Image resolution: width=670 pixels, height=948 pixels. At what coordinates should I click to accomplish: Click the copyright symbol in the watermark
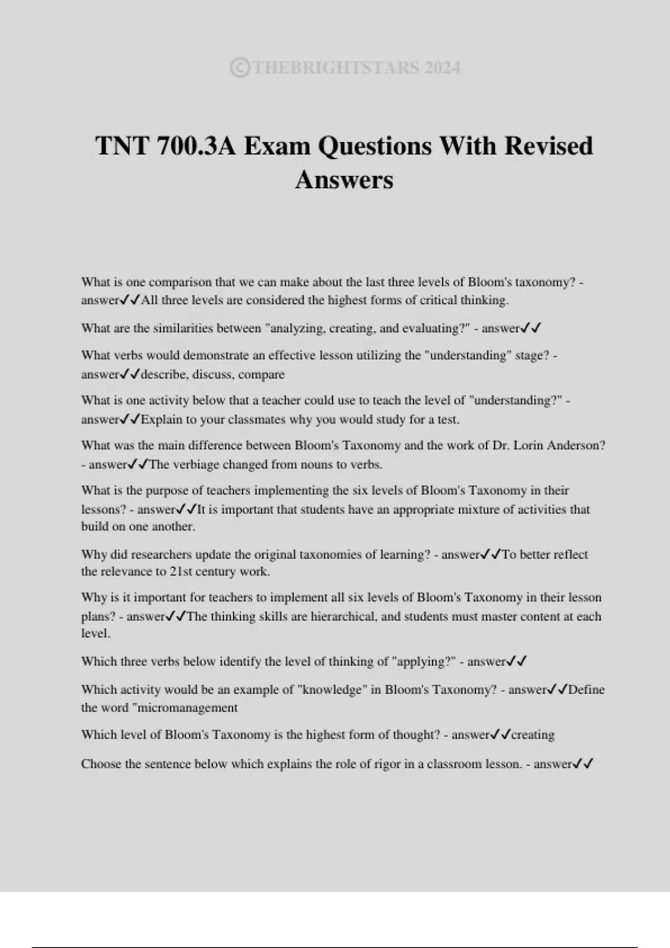(x=240, y=68)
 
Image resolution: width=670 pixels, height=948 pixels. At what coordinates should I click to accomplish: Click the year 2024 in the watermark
(x=442, y=68)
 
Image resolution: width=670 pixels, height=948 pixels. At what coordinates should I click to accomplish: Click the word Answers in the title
(x=344, y=180)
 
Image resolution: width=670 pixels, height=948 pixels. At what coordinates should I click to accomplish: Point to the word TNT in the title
(x=122, y=146)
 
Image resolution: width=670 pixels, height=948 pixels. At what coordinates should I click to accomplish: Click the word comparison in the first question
(x=180, y=282)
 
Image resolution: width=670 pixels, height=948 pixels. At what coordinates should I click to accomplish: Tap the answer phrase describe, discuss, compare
(x=213, y=374)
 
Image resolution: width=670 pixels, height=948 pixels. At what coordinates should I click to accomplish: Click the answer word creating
(x=533, y=735)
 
